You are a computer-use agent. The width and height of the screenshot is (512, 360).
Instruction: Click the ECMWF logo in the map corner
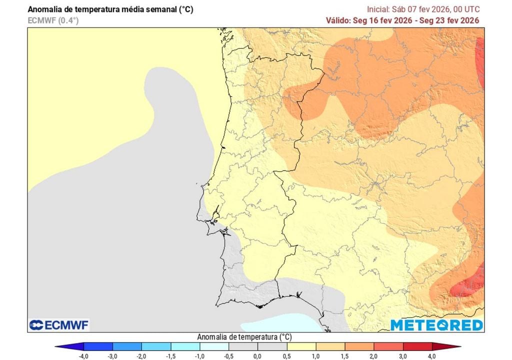pyautogui.click(x=59, y=325)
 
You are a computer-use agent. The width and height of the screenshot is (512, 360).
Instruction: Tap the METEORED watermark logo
pyautogui.click(x=436, y=325)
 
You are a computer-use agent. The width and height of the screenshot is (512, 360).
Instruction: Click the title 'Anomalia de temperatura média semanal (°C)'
pyautogui.click(x=110, y=9)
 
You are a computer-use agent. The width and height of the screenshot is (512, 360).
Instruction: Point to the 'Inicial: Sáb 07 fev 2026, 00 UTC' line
pyautogui.click(x=423, y=9)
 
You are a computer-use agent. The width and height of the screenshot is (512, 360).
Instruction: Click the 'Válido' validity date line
pyautogui.click(x=402, y=20)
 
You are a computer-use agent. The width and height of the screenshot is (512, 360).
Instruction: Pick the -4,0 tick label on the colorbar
pyautogui.click(x=84, y=355)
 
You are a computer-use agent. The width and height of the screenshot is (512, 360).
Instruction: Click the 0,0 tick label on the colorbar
pyautogui.click(x=257, y=355)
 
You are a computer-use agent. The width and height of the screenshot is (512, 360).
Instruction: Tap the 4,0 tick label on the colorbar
pyautogui.click(x=431, y=355)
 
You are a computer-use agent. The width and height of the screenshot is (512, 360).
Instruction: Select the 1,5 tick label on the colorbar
pyautogui.click(x=344, y=355)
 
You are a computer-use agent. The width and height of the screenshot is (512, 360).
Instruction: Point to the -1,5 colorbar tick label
pyautogui.click(x=170, y=355)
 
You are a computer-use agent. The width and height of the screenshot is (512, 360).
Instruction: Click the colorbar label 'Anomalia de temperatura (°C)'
pyautogui.click(x=245, y=336)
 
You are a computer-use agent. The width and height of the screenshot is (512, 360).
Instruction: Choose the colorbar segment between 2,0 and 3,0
pyautogui.click(x=388, y=346)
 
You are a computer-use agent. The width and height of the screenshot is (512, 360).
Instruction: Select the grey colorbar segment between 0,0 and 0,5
pyautogui.click(x=272, y=346)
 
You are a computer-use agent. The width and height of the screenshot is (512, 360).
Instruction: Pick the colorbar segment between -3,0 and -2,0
pyautogui.click(x=127, y=346)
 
